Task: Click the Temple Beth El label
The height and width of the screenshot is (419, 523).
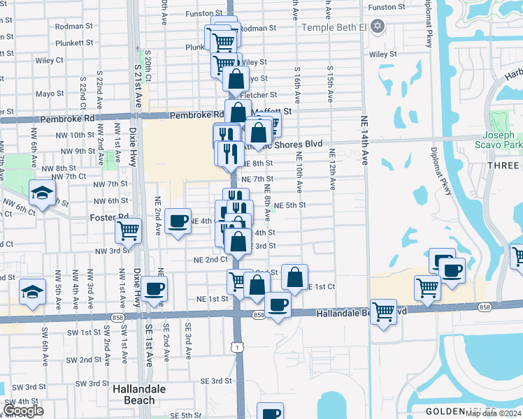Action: [334, 27]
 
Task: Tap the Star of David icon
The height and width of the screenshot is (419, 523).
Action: [378, 27]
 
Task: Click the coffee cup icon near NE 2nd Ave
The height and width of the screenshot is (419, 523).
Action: [179, 221]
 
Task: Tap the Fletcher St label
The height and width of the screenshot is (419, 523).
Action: [259, 95]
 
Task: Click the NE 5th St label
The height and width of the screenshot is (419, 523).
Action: [290, 205]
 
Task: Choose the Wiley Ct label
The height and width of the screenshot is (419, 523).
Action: [50, 61]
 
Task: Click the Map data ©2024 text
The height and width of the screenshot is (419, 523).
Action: [492, 414]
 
